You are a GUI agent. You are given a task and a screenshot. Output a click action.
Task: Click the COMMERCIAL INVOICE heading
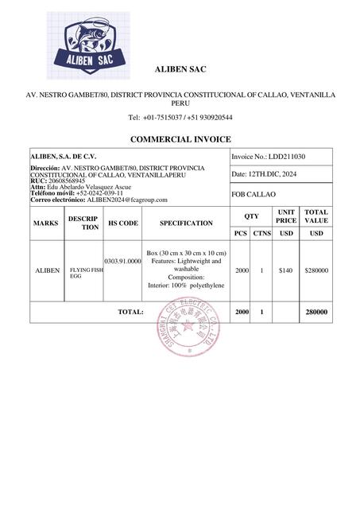click(x=180, y=139)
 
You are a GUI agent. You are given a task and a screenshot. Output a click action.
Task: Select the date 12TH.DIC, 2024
click(x=272, y=174)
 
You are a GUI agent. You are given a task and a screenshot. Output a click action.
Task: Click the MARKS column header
click(x=46, y=223)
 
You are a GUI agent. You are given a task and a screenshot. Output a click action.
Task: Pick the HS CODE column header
click(x=122, y=223)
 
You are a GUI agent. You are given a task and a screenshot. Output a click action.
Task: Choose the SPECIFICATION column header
click(x=186, y=223)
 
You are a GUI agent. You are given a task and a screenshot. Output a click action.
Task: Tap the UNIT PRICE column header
click(x=286, y=216)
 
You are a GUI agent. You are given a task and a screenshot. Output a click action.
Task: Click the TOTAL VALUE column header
click(x=316, y=216)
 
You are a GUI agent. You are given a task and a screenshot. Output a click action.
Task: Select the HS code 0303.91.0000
click(x=122, y=260)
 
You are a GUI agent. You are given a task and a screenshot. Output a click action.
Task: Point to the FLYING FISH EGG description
click(x=85, y=272)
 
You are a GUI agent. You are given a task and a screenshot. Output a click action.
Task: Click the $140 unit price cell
click(x=286, y=270)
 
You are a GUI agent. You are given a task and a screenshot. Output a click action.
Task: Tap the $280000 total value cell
click(x=316, y=270)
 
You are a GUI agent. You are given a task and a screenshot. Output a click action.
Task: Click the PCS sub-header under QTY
click(x=241, y=233)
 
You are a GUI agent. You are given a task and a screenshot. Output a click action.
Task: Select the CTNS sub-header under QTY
click(x=262, y=233)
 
